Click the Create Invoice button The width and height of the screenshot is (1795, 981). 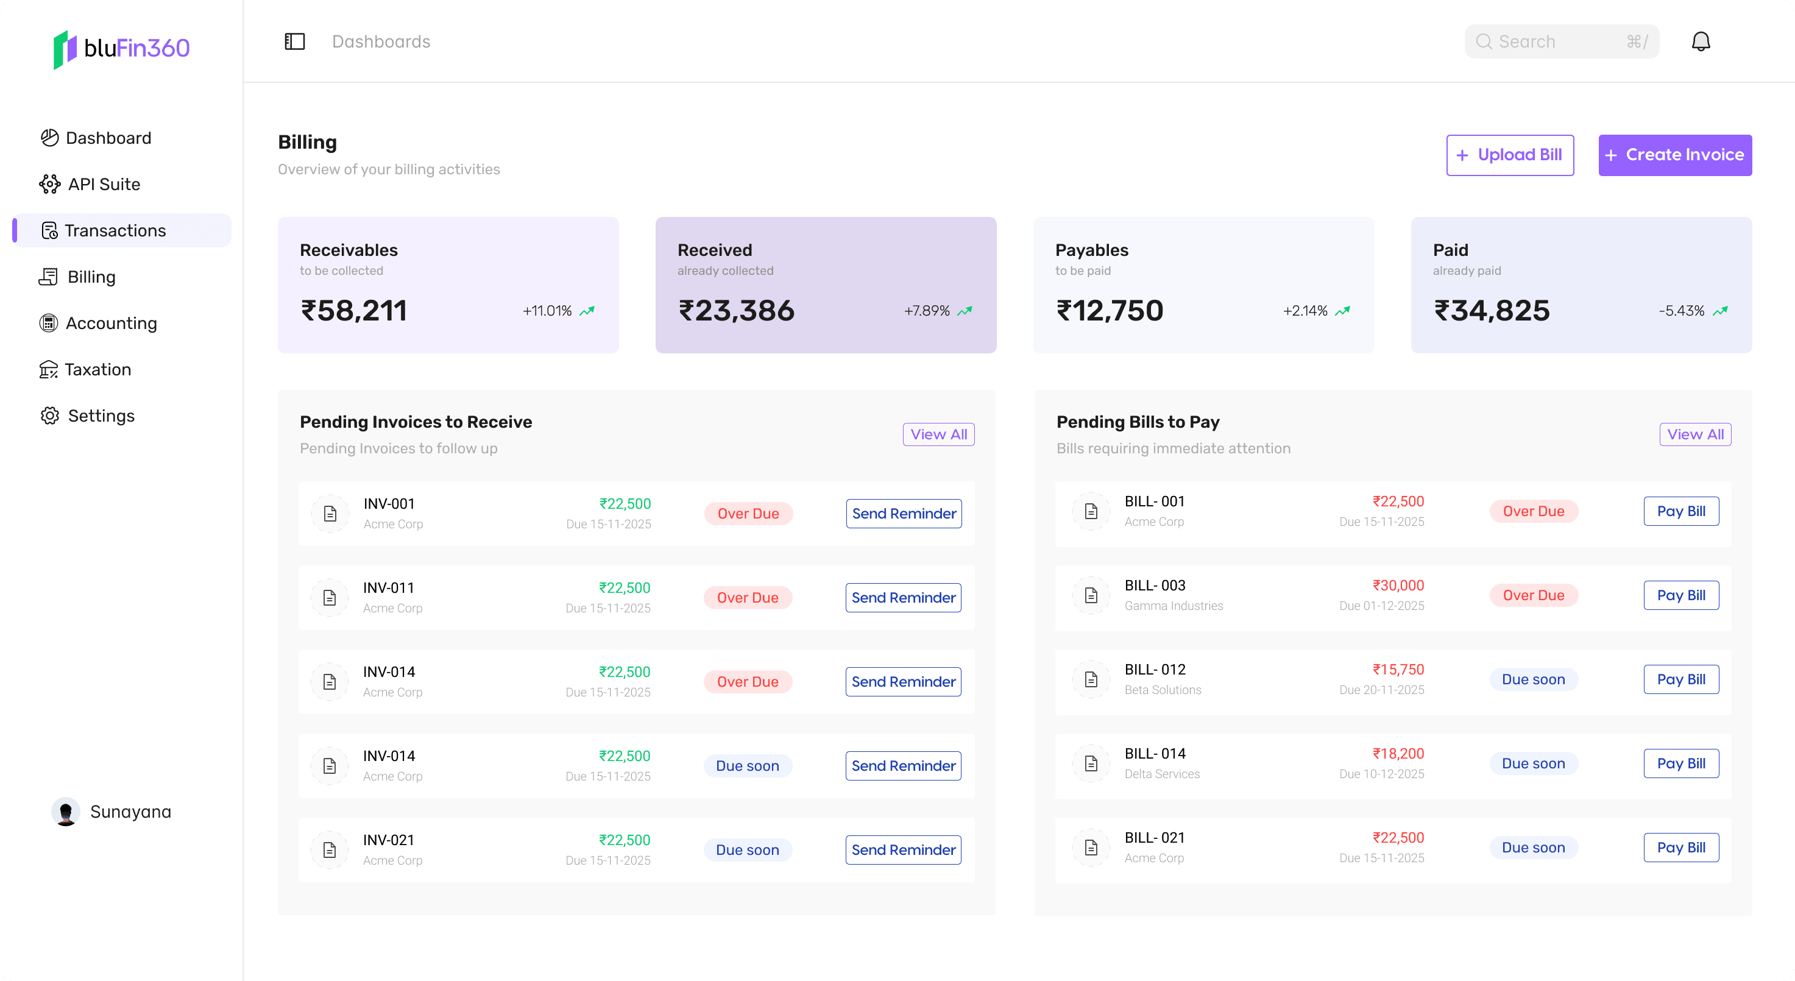point(1674,155)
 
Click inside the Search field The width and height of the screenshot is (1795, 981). point(1561,42)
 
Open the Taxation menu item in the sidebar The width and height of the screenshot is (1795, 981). point(97,369)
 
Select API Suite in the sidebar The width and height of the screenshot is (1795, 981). point(104,184)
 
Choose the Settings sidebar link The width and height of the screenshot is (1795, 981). point(101,416)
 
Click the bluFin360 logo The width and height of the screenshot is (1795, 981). point(122,48)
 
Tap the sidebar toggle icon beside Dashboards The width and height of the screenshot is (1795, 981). point(295,42)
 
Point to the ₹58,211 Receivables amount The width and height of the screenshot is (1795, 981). point(353,311)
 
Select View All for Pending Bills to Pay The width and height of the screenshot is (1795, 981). point(1694,434)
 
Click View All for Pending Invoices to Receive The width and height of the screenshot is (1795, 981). point(938,434)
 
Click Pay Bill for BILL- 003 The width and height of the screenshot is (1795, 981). point(1680,595)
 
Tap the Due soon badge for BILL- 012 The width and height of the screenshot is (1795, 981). point(1533,679)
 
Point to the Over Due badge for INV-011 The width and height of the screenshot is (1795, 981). point(748,598)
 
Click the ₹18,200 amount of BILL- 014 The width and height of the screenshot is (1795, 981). point(1398,753)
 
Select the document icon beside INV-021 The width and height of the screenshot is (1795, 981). point(330,849)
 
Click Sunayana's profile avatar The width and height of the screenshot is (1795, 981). point(66,812)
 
